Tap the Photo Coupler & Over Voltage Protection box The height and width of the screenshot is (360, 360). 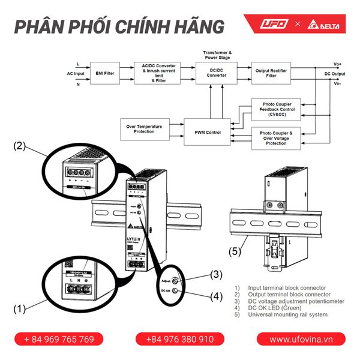coord(276,138)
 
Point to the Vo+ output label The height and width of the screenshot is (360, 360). coord(338,64)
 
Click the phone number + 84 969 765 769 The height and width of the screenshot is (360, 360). coord(59,339)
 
